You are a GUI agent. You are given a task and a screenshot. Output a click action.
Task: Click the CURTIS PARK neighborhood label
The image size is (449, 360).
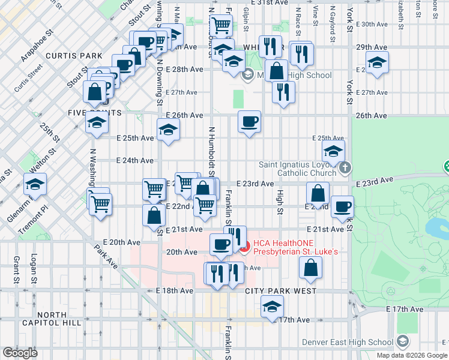coord(77,56)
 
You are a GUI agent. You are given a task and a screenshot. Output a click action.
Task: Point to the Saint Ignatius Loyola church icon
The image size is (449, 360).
coord(345,167)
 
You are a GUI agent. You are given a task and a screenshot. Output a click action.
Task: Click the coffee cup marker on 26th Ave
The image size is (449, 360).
coord(249,122)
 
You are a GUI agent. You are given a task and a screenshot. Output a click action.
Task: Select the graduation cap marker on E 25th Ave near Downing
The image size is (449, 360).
coord(169,130)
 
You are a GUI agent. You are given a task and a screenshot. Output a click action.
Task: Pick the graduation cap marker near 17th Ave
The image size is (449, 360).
coord(273,307)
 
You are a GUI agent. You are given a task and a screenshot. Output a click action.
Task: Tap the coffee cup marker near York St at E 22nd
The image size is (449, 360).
coord(343,206)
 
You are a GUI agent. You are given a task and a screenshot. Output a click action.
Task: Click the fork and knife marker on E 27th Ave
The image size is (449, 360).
coord(282,91)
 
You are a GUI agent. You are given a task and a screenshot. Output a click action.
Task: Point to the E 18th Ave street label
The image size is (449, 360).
coord(175,290)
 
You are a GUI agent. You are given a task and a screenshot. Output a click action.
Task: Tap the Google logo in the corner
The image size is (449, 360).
coord(20,353)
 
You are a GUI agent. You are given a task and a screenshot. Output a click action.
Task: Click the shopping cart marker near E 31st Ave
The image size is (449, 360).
coord(221,25)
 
